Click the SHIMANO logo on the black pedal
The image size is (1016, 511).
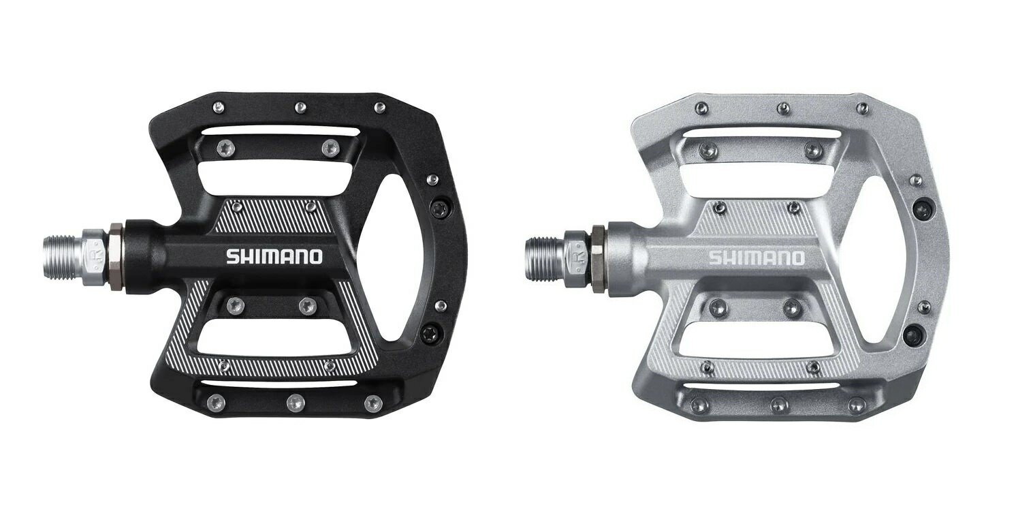click(274, 256)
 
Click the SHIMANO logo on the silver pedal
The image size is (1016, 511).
click(756, 258)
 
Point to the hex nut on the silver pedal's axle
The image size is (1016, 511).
click(597, 258)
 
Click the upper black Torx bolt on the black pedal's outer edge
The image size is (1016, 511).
click(439, 208)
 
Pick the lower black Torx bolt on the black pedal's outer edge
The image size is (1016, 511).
click(428, 334)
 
